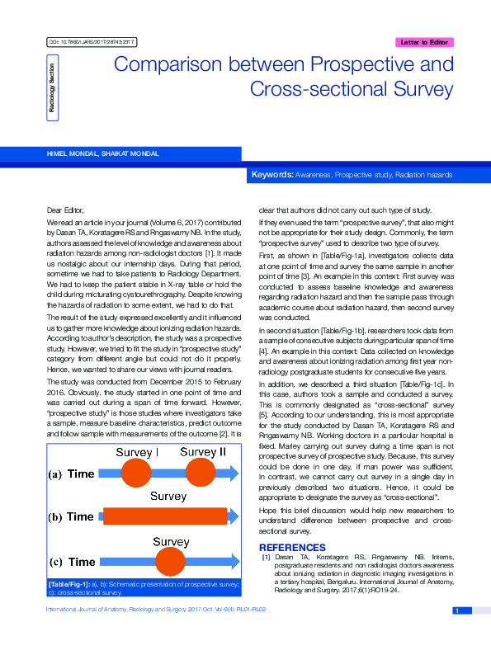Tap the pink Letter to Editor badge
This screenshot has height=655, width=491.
(423, 42)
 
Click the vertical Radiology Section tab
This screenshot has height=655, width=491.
(51, 86)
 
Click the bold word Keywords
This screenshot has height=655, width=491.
(271, 175)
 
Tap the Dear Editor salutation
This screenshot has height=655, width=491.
(65, 210)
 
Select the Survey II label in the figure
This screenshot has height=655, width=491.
(202, 452)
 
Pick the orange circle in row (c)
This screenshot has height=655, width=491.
(171, 561)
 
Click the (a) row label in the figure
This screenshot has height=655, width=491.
(55, 474)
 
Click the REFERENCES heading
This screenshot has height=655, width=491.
(292, 548)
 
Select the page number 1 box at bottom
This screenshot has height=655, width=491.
(456, 610)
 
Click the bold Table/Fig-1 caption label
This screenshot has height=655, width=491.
(69, 584)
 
